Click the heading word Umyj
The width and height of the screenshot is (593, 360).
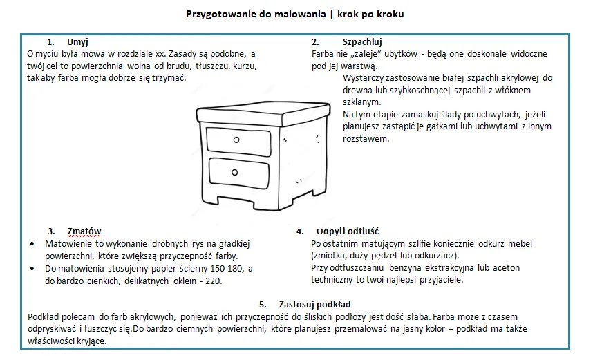pos(77,41)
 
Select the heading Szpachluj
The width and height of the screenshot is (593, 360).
pos(362,41)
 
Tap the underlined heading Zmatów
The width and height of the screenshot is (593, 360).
pos(84,231)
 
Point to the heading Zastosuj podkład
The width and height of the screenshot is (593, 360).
pos(314,304)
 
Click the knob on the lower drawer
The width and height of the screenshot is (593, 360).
pos(235,172)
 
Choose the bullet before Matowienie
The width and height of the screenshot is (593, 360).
pos(34,245)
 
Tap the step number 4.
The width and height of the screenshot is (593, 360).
pos(299,231)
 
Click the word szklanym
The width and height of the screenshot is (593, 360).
pos(361,102)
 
